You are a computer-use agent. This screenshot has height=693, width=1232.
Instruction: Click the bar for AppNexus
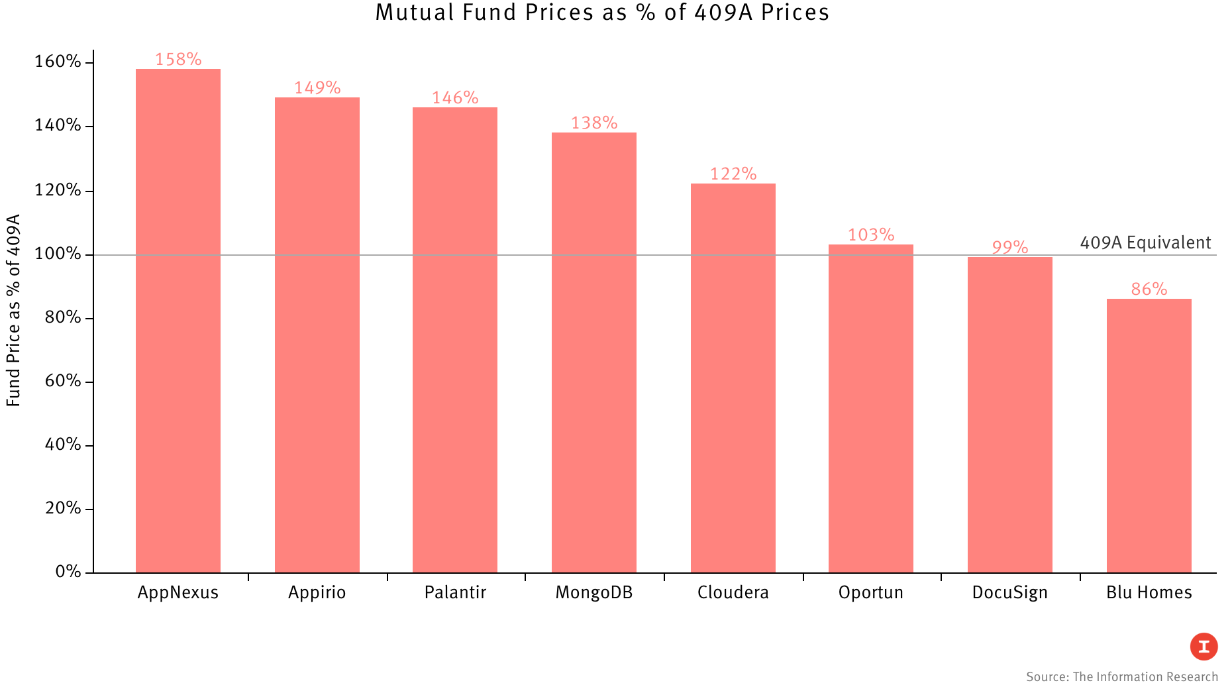click(178, 321)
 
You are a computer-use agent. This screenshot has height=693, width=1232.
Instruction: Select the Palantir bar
click(454, 340)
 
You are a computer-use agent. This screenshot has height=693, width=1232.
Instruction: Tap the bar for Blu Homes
click(1149, 435)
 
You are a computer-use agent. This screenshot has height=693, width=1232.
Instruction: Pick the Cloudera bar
click(733, 378)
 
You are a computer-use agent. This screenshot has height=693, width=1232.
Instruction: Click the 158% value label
click(178, 60)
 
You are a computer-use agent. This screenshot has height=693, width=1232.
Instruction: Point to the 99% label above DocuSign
click(1009, 248)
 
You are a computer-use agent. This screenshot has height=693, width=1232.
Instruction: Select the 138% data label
click(594, 123)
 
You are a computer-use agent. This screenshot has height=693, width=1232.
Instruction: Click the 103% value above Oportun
click(871, 235)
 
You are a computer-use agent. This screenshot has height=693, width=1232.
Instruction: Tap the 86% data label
click(1149, 290)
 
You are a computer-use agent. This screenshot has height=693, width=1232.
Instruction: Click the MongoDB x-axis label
click(594, 592)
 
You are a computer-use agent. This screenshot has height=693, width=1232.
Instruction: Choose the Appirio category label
click(317, 592)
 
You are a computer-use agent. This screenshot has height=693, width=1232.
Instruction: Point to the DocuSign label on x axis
click(1009, 592)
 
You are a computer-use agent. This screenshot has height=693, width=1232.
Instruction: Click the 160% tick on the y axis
click(58, 62)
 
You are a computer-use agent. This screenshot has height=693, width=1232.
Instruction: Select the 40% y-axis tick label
click(62, 445)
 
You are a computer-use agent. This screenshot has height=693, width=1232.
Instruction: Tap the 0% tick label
click(68, 572)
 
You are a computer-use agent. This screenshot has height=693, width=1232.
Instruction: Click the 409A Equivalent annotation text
click(1145, 243)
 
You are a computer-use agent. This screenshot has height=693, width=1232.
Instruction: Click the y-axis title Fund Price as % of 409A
click(13, 310)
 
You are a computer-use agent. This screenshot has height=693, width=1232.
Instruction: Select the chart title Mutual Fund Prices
click(602, 13)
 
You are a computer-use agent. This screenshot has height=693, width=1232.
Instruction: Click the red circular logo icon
click(1204, 647)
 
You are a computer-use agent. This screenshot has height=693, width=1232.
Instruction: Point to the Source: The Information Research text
click(1121, 677)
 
